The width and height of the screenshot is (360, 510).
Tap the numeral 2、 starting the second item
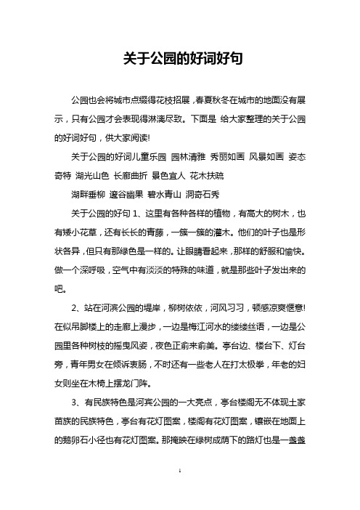tap(75, 307)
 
